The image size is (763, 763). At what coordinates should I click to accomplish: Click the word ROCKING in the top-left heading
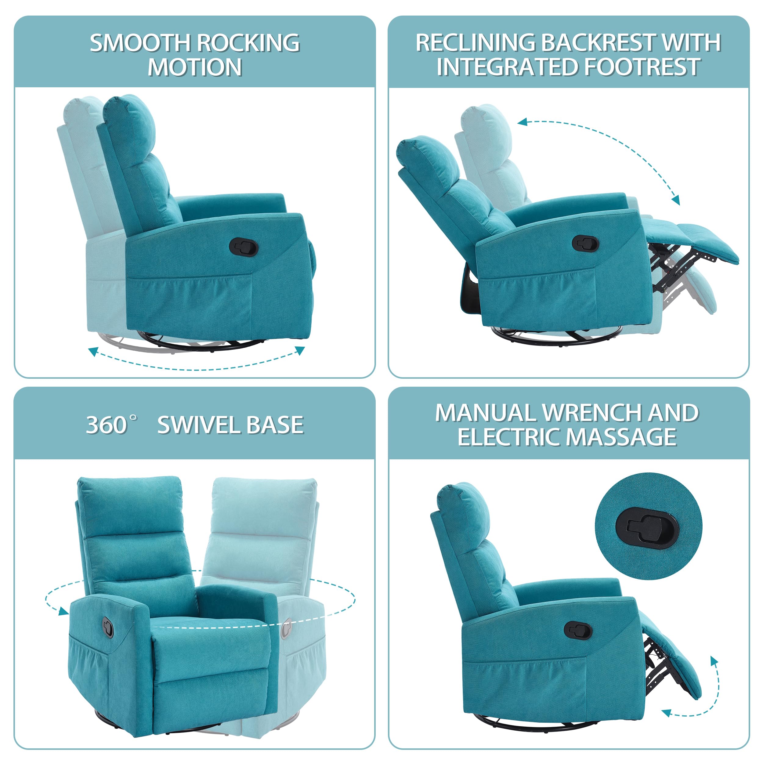pos(248,43)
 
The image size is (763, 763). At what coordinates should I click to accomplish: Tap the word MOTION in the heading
pos(195,67)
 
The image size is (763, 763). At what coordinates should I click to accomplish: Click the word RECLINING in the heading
pos(475,43)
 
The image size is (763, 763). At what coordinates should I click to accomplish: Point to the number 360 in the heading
pos(106,425)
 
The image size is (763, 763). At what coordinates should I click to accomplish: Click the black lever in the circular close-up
pos(646,528)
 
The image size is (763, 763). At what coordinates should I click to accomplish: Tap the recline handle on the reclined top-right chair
pos(585,243)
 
